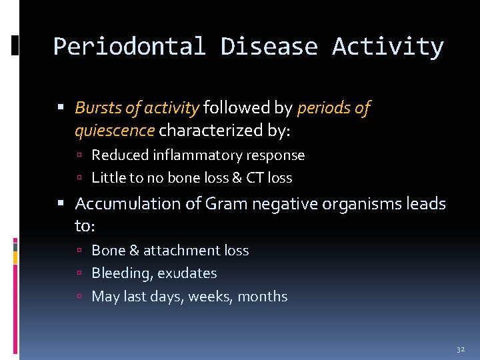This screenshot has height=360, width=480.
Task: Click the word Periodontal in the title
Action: click(x=130, y=47)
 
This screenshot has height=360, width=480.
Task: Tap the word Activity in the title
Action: click(x=388, y=47)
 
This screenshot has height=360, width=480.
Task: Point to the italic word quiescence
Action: click(x=115, y=131)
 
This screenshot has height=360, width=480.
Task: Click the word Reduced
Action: click(x=118, y=155)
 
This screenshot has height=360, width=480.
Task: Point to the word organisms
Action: click(x=361, y=204)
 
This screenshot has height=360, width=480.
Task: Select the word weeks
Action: click(x=209, y=297)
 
